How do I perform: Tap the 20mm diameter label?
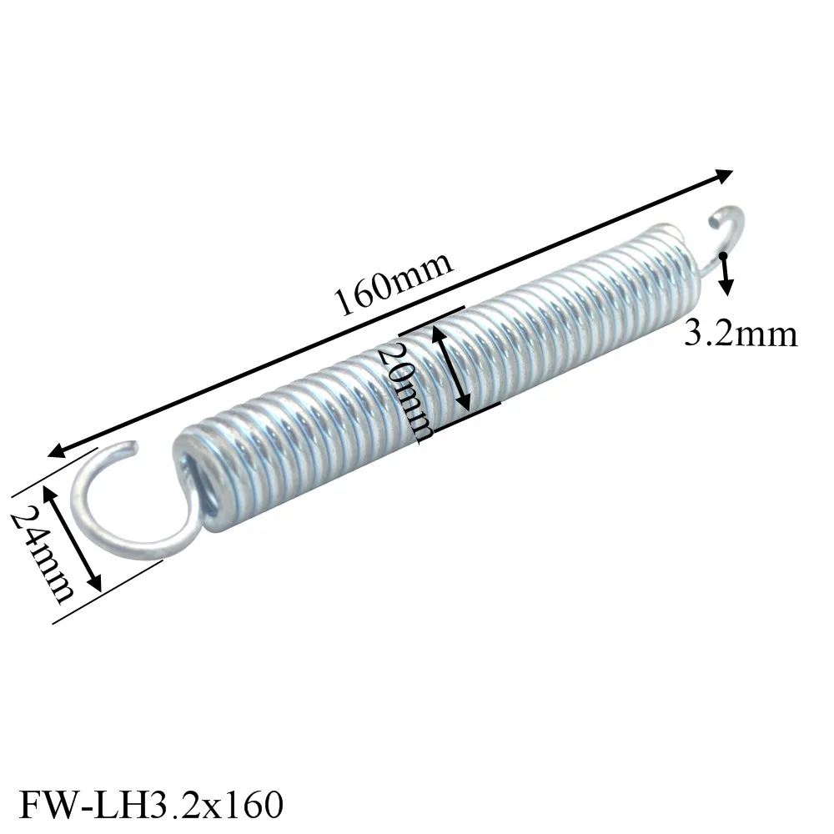404,392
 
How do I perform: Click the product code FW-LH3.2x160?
151,806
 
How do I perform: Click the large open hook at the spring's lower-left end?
133,509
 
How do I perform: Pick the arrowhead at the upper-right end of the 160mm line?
725,174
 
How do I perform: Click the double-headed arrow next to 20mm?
451,367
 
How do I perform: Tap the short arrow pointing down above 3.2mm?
726,275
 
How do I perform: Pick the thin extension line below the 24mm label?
108,592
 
